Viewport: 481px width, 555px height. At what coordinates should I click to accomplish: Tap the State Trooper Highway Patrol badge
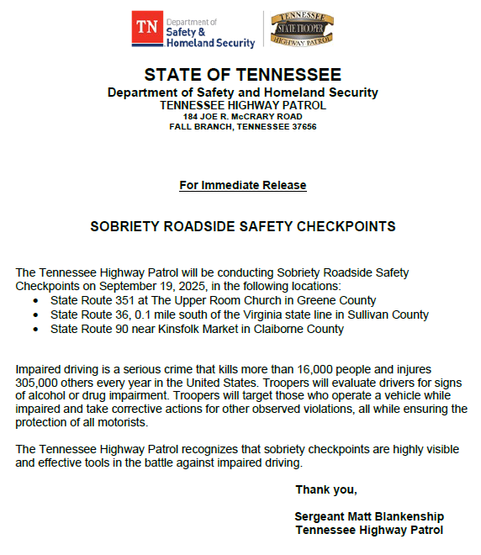[x=302, y=29]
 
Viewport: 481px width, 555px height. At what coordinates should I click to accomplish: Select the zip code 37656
[x=302, y=126]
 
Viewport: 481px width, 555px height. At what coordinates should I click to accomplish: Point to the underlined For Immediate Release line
[x=242, y=185]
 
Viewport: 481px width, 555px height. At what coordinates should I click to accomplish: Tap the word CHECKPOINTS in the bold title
[x=351, y=227]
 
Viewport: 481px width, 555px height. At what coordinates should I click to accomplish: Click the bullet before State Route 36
[x=34, y=314]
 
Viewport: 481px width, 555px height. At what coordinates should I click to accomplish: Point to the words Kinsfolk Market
[x=197, y=329]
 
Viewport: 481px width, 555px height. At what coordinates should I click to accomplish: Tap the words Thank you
[x=326, y=490]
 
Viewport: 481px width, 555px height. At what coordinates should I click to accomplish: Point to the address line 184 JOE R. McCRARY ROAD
[x=242, y=116]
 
